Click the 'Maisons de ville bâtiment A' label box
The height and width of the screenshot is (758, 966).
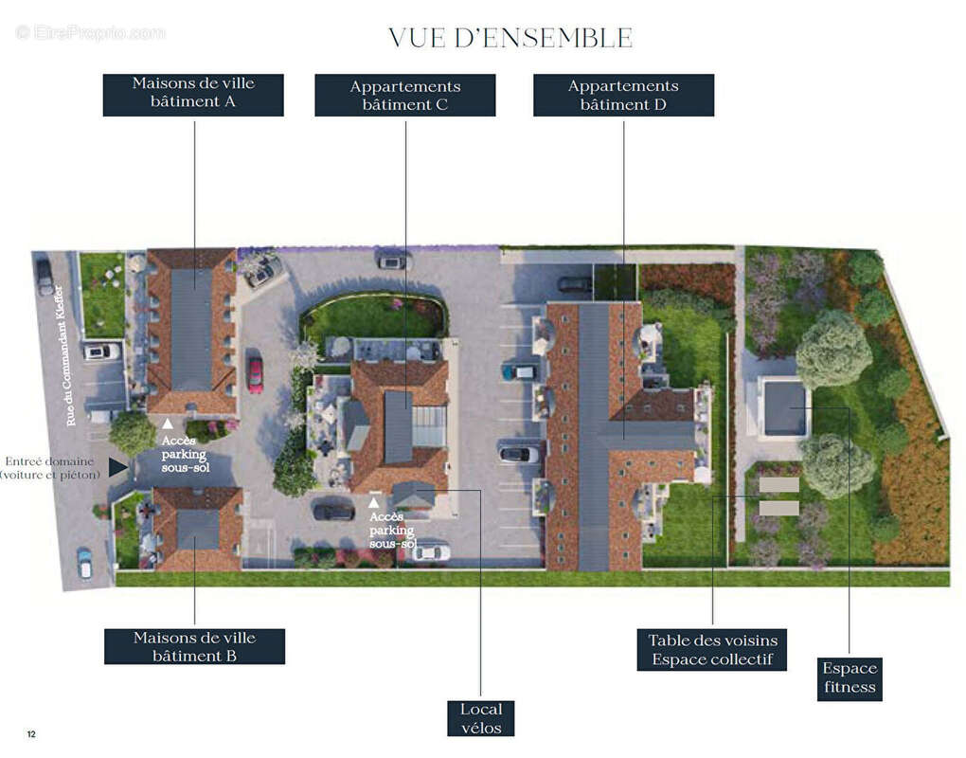tap(193, 95)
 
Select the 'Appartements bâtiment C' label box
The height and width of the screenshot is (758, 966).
tap(405, 95)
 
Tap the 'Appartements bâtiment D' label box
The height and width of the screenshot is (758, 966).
tap(623, 95)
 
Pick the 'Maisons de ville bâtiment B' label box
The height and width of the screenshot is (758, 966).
tap(195, 646)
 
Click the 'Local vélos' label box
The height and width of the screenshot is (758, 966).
tap(480, 718)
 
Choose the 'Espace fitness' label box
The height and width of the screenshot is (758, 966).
tap(850, 679)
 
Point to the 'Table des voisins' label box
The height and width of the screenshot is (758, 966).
tap(712, 650)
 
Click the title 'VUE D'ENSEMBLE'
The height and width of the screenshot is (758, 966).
tap(510, 38)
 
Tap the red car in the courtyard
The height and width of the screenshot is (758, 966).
tap(255, 374)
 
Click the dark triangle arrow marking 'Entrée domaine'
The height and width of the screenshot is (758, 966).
tap(117, 467)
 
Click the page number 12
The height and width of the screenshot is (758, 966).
tap(31, 734)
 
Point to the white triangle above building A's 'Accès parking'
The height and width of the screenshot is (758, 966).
tap(168, 424)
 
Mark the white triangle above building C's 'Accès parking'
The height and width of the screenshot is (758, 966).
tap(373, 502)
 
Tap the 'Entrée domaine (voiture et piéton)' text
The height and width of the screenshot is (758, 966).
tap(50, 468)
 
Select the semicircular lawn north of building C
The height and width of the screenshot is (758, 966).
tap(372, 318)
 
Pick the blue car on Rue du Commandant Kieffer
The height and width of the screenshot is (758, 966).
tap(84, 563)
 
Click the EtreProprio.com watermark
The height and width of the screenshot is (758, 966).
tap(90, 32)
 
